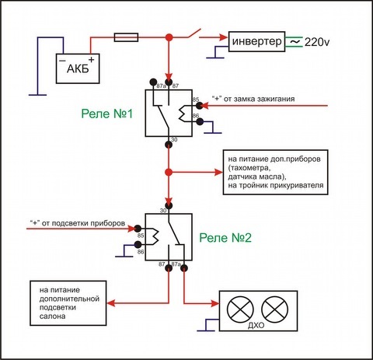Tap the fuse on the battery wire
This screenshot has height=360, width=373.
[126, 37]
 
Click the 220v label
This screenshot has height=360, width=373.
[317, 42]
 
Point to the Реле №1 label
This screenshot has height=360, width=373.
[106, 114]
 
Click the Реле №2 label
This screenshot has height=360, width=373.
[225, 238]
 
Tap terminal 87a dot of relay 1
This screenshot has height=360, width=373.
[153, 82]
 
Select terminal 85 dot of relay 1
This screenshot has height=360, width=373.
[200, 106]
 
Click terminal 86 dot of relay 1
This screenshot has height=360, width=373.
[200, 122]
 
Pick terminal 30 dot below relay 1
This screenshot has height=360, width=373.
[169, 144]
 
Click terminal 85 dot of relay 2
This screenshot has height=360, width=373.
[138, 229]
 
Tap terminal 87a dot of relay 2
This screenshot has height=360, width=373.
[184, 268]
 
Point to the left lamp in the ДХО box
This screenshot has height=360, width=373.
[240, 309]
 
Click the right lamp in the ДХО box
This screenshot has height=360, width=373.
[274, 309]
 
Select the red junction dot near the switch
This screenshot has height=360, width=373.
[169, 37]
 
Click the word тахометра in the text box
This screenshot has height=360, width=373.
[249, 168]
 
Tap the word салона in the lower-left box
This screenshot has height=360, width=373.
[52, 316]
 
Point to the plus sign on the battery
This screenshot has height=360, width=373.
[92, 60]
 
